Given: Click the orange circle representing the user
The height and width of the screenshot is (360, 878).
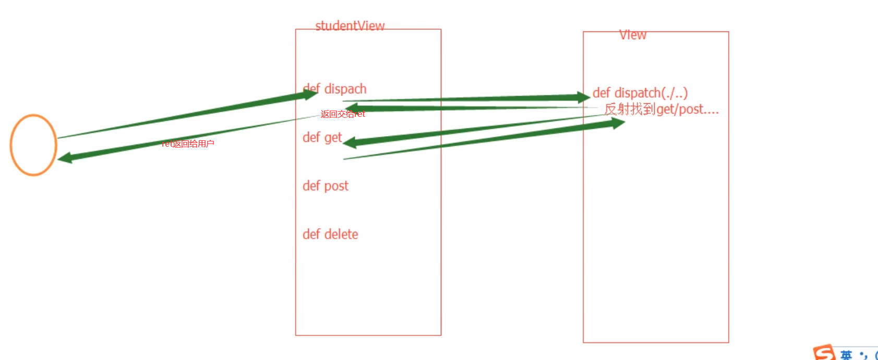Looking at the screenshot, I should [33, 145].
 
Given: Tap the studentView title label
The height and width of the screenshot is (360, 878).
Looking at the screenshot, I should [350, 26].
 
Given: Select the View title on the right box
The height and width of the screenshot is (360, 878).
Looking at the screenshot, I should [633, 35].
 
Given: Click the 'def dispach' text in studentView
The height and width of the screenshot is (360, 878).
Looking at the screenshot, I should [334, 89].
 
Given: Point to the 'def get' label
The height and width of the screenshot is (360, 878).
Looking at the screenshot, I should [322, 138].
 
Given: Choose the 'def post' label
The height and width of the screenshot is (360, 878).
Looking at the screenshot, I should [326, 186].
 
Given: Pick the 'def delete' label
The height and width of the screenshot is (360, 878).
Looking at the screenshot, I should [330, 234].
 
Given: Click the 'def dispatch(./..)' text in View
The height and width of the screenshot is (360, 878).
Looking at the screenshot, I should [640, 93].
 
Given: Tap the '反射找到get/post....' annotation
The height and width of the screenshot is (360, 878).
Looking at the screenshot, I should [661, 110].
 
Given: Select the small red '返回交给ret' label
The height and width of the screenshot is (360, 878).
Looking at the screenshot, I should [342, 114].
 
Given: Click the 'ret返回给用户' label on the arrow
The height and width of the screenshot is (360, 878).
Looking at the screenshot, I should [188, 144].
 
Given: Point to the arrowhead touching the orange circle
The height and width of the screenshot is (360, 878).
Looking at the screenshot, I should [65, 158].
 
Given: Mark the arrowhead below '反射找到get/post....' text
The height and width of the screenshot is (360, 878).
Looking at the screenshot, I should [618, 123].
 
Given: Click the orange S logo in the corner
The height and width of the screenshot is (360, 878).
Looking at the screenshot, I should [824, 353].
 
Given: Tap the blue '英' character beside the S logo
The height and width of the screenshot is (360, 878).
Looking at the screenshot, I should [846, 355].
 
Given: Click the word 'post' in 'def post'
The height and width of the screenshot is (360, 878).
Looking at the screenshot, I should [336, 186].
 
